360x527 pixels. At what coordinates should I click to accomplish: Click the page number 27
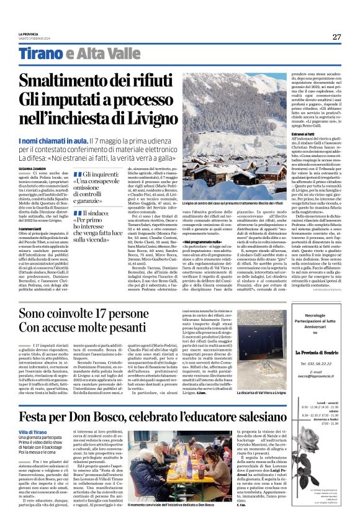tap(337, 37)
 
